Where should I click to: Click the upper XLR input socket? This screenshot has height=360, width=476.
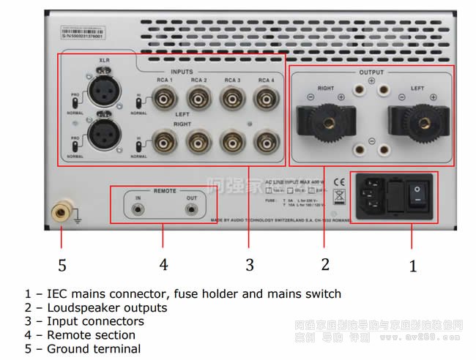click(105, 91)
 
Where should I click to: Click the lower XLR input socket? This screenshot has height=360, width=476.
click(105, 139)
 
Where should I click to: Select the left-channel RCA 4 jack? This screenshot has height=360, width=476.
click(265, 97)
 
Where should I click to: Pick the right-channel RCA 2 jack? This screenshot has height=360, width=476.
click(198, 141)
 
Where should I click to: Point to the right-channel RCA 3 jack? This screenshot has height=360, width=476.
click(231, 141)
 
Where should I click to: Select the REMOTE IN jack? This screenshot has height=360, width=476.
click(137, 209)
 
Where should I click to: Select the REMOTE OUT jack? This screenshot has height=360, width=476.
click(192, 209)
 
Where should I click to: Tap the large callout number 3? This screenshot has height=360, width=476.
click(250, 264)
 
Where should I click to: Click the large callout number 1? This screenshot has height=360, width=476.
click(413, 266)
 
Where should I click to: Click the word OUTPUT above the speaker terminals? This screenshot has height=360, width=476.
click(371, 73)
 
